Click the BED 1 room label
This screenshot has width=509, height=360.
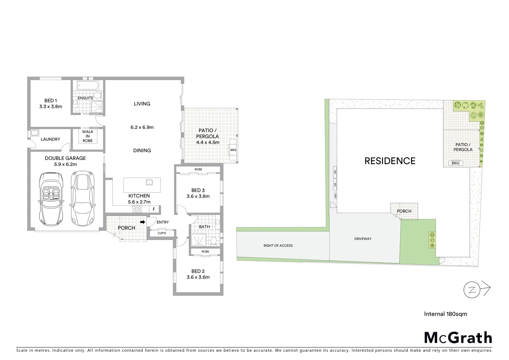coord(51,100)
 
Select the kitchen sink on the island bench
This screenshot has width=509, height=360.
coord(149,182)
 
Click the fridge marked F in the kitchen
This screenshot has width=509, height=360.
coord(154,209)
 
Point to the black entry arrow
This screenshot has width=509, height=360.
coord(142,222)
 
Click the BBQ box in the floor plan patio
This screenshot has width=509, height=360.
coord(233,150)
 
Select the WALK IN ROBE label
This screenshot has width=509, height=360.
coord(88,136)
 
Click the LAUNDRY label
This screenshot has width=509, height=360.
coord(50,139)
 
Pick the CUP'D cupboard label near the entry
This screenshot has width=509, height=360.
coord(162,233)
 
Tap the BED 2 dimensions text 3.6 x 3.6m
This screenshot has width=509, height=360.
coord(198,277)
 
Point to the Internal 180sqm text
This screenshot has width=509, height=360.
coord(445,314)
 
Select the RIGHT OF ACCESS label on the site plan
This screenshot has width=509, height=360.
coord(278,246)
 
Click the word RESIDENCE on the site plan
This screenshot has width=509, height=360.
coord(390,161)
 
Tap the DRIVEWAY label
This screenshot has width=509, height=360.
coord(363,239)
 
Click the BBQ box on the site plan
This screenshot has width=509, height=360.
coord(455,163)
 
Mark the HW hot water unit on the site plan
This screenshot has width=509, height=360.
coord(335,195)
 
